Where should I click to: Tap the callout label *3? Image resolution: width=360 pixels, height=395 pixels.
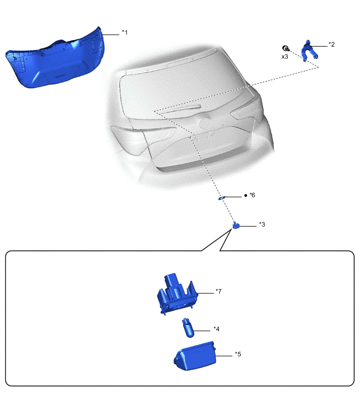pyautogui.click(x=262, y=224)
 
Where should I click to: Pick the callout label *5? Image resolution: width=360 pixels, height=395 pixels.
pyautogui.click(x=238, y=354)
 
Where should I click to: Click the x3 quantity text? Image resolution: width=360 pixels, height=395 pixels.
pyautogui.click(x=285, y=56)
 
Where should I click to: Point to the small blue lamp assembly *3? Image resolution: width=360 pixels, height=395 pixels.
pyautogui.click(x=237, y=225)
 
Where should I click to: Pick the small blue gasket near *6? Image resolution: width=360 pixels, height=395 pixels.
pyautogui.click(x=222, y=198)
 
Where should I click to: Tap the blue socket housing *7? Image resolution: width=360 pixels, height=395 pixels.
pyautogui.click(x=176, y=296)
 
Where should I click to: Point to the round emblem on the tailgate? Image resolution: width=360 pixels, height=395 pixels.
pyautogui.click(x=204, y=124)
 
